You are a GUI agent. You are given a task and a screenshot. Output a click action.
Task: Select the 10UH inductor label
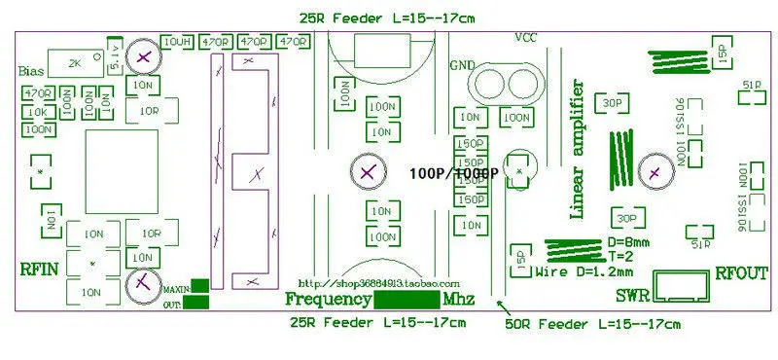point(177,42)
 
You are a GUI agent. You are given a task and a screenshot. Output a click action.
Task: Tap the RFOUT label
point(742,273)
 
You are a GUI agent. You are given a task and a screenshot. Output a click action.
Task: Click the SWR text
point(632,295)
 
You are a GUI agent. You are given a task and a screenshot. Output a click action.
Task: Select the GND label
point(462,65)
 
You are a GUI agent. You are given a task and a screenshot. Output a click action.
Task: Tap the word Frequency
point(328,298)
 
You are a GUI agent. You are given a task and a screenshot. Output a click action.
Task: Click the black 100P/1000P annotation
point(453,173)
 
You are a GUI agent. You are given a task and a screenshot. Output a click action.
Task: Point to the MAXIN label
point(175,288)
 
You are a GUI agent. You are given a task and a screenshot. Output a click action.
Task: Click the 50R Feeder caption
point(593,322)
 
